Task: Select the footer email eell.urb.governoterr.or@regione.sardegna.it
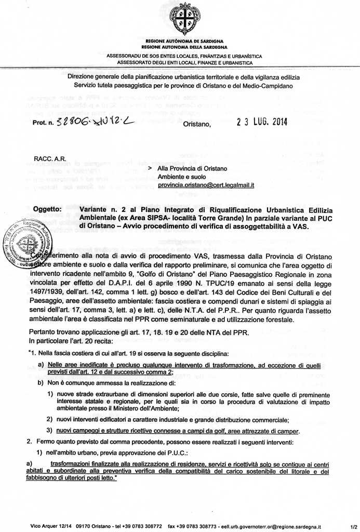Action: pyautogui.click(x=281, y=526)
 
